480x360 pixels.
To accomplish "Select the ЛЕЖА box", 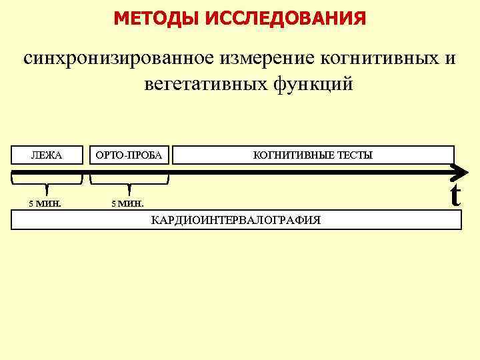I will coord(47,155).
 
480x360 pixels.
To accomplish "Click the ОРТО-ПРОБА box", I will coord(129,155).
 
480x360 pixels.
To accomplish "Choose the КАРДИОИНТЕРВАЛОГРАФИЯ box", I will coord(236,220).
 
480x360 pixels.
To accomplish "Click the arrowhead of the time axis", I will coord(459,173).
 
